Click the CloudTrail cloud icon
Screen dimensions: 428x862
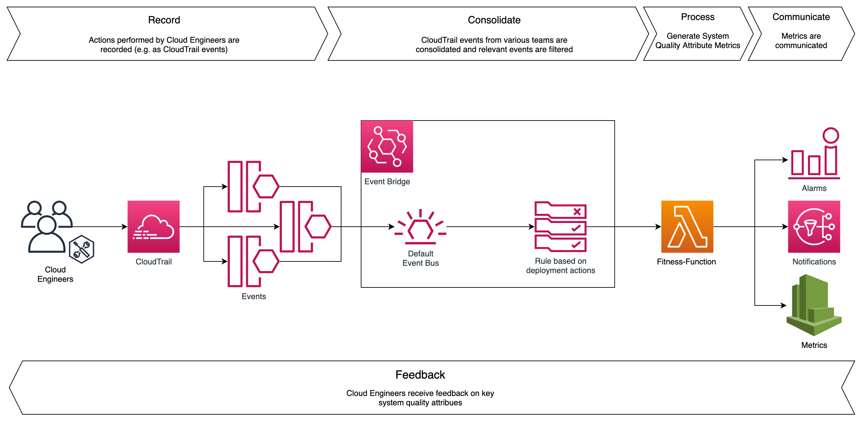[x=153, y=227]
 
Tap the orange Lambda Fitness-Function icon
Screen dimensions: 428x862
[x=687, y=227]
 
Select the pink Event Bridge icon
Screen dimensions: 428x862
[x=387, y=146]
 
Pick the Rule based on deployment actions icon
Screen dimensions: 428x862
[x=560, y=227]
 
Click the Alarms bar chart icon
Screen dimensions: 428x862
[x=814, y=154]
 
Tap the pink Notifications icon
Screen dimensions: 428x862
[x=814, y=227]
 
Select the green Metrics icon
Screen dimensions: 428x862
[x=814, y=305]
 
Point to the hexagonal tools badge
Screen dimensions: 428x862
[x=81, y=249]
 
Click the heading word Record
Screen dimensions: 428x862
[x=164, y=20]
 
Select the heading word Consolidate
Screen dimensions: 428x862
[x=494, y=20]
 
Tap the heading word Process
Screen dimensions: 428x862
[x=698, y=17]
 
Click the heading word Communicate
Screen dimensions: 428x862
[x=801, y=17]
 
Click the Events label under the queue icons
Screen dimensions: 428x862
[x=254, y=296]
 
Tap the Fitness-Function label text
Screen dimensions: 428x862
[x=686, y=262]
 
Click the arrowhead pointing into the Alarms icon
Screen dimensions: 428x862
[x=785, y=160]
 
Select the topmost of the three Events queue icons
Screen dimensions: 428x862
[x=253, y=187]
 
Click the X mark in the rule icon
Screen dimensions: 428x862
[x=577, y=212]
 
